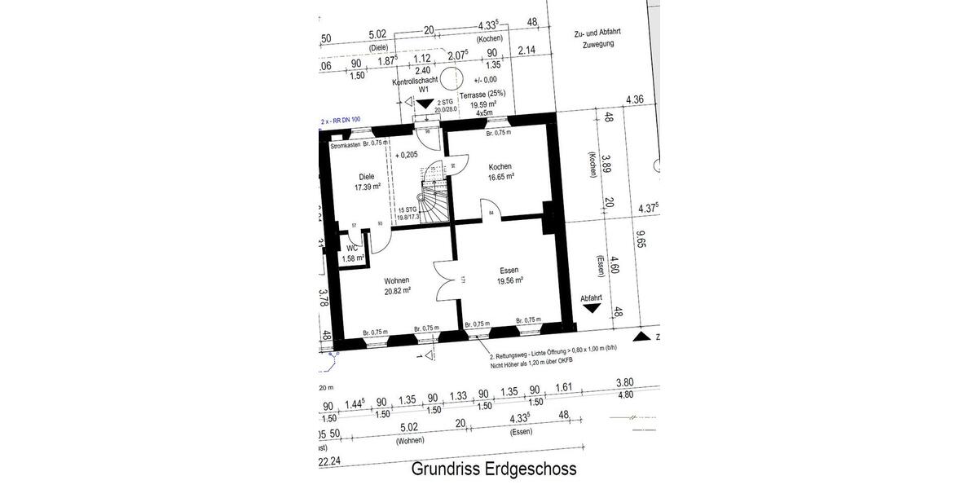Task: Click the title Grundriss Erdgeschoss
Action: tap(494, 469)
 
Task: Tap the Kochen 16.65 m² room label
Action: tap(500, 171)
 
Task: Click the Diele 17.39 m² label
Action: tap(368, 181)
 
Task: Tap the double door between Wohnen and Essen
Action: tap(447, 280)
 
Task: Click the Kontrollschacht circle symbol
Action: tap(453, 78)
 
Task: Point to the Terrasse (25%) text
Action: tap(482, 95)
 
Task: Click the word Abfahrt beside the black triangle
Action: tap(591, 298)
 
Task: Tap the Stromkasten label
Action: tap(346, 143)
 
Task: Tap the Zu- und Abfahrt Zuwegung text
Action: tap(598, 38)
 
